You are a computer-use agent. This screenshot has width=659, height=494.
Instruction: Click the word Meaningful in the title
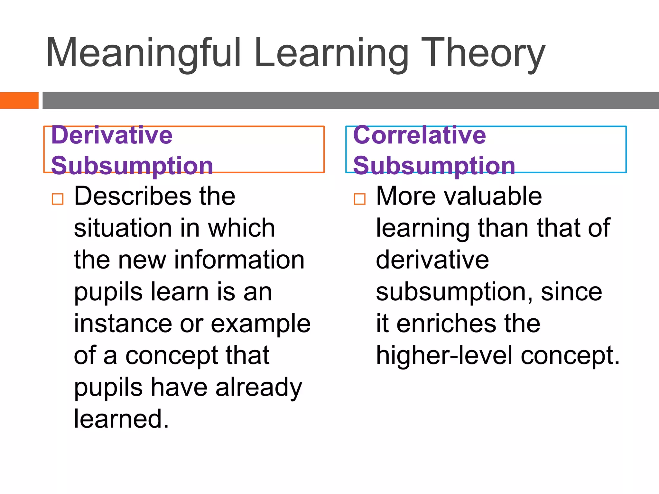click(143, 53)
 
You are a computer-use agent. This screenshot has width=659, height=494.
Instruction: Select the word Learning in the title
click(331, 53)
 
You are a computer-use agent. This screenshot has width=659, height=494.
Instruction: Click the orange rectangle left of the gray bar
click(19, 100)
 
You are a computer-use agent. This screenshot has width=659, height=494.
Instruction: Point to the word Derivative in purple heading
click(112, 135)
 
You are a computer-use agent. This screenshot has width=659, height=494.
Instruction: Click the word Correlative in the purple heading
click(419, 135)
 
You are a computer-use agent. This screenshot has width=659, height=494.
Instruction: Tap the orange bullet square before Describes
click(58, 199)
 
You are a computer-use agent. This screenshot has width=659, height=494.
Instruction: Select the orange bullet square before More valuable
click(359, 199)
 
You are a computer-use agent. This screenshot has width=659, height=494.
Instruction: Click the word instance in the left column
click(123, 324)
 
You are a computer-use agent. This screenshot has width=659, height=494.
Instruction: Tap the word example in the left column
click(261, 324)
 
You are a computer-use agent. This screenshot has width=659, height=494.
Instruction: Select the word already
click(259, 388)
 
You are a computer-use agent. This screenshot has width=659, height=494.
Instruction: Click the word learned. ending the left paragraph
click(121, 419)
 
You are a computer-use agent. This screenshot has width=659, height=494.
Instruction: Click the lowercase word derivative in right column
click(432, 260)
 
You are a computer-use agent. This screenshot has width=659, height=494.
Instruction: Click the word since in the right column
click(571, 292)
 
